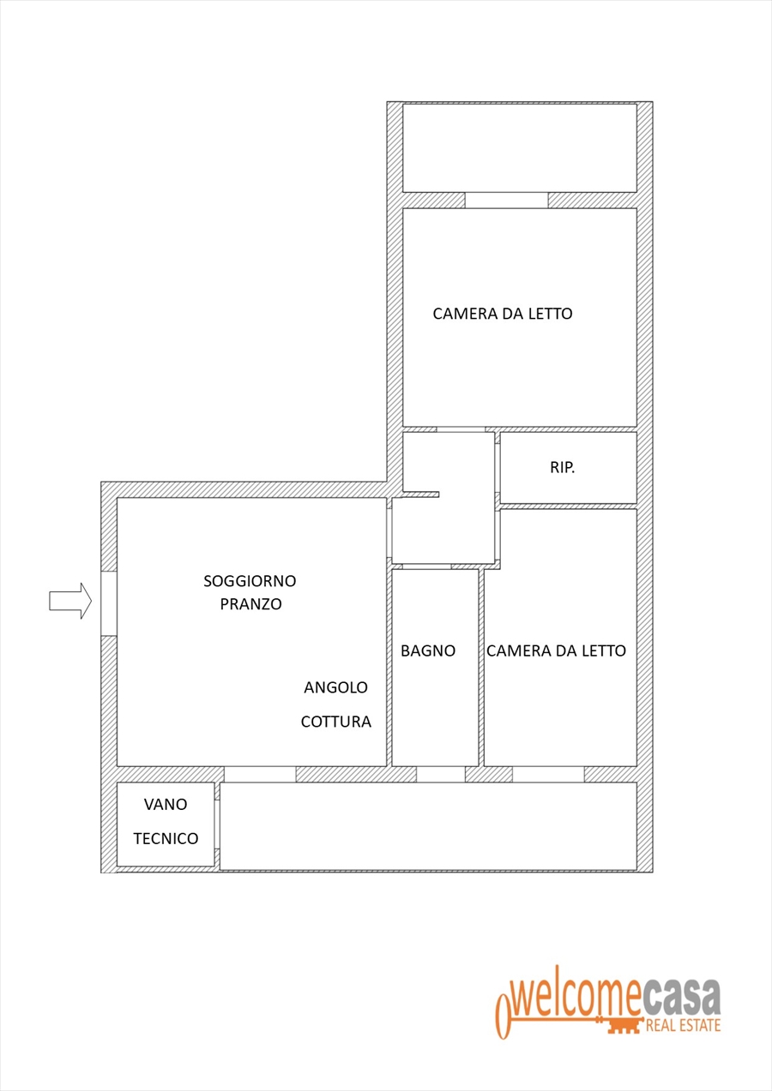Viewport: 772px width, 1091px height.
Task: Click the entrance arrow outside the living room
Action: pos(70,601)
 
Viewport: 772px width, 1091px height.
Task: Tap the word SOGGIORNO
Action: pos(250,580)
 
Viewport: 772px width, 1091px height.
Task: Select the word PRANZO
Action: pos(250,604)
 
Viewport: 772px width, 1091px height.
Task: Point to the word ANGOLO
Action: pos(335,687)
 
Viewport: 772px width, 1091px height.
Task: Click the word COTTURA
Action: pos(335,722)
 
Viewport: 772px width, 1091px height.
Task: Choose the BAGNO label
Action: pos(428,650)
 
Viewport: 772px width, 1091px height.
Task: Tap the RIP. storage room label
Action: pos(563,468)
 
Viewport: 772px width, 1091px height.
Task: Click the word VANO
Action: pos(166,804)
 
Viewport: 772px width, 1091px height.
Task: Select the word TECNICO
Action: pos(166,838)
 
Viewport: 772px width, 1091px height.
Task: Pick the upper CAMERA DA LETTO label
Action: pos(503,314)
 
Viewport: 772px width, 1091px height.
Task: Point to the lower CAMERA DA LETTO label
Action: pos(556,650)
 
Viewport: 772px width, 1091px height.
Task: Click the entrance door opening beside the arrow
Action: pos(109,603)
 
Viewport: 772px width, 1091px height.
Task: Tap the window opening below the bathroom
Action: pos(441,775)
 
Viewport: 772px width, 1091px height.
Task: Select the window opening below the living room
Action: pos(260,775)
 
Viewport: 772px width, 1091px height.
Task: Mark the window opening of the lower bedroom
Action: pos(548,775)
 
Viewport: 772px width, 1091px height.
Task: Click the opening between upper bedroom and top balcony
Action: pos(506,201)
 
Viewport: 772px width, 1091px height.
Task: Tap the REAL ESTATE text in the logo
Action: pos(684,1025)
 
